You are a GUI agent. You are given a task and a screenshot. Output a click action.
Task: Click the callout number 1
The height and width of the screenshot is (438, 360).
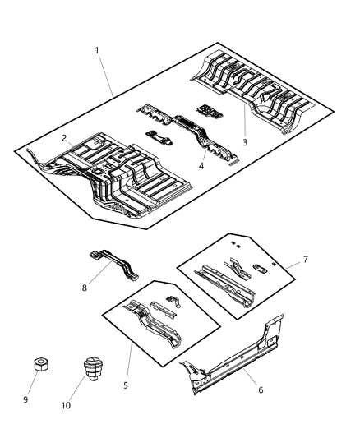click(x=97, y=50)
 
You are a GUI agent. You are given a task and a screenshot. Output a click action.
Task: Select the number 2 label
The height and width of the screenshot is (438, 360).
click(x=62, y=141)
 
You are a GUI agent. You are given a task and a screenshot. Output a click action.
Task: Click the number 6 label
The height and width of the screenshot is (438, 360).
click(x=261, y=390)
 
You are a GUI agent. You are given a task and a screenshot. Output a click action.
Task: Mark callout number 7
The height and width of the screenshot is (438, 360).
click(x=305, y=260)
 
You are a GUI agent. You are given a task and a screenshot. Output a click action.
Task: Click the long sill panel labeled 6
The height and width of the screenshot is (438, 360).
click(x=238, y=357)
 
